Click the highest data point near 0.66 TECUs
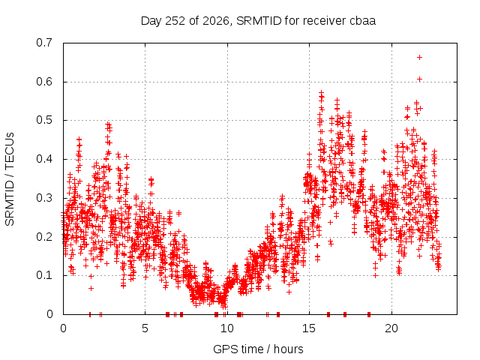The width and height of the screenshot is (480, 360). [419, 57]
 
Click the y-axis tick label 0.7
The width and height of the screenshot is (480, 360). [44, 43]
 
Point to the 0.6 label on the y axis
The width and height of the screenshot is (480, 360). [44, 82]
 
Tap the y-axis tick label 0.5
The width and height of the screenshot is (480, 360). [44, 120]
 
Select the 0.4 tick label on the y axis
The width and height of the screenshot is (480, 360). [44, 159]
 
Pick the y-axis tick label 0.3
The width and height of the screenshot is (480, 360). [44, 198]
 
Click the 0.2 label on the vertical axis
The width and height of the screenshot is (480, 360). [44, 237]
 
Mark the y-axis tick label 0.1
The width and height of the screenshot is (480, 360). [44, 275]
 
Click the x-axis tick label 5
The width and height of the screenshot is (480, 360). [145, 328]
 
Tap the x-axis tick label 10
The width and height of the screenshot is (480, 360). [227, 328]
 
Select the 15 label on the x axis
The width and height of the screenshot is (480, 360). [309, 328]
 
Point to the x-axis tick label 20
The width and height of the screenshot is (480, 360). [391, 328]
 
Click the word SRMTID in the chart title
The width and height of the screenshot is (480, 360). [259, 21]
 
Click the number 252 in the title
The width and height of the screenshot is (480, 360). [175, 21]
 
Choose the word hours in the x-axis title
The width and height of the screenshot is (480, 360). [288, 349]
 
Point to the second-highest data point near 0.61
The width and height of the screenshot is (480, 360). [419, 79]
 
